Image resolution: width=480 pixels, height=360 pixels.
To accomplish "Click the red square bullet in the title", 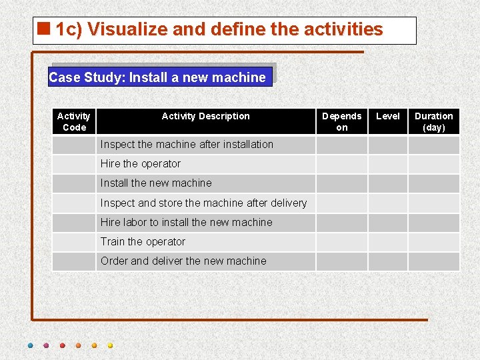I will [45, 29].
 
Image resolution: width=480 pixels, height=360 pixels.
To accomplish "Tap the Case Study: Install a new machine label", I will [157, 77].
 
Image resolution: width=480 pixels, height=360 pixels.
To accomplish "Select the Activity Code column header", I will [74, 121].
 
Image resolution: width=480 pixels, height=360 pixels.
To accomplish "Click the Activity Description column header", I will [205, 116].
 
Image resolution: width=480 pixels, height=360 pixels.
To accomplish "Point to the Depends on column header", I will [341, 121].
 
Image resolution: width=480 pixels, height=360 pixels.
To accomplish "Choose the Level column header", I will [388, 116].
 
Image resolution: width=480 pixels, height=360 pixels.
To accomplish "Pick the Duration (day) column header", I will [434, 121].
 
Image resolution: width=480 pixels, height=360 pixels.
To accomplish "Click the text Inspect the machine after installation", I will [187, 144].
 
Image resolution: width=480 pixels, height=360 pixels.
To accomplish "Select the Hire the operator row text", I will [141, 163].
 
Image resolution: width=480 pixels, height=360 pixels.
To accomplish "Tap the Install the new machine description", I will [156, 183].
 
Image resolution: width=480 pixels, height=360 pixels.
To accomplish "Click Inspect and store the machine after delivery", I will [203, 203].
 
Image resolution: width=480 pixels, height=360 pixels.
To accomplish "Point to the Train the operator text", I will [143, 241].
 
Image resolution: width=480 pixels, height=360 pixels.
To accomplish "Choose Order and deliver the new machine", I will [183, 261].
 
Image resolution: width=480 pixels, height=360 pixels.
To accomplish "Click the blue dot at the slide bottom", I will [30, 345].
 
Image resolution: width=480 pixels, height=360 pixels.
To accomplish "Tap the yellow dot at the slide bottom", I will [110, 345].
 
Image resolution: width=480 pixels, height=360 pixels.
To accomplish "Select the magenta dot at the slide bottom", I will [46, 345].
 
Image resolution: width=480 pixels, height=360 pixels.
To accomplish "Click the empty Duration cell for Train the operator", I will [434, 241].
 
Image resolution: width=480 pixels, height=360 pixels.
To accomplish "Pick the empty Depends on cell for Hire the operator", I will [341, 164].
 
